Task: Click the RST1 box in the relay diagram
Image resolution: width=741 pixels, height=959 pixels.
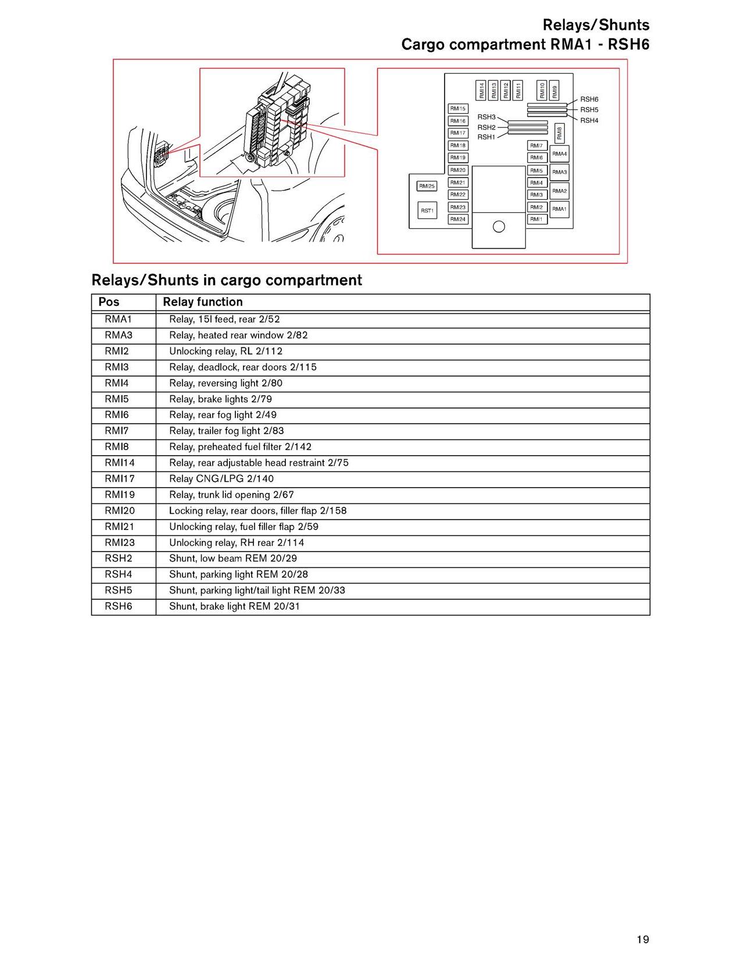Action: tap(427, 210)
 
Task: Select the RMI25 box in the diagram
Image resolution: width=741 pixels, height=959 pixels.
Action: tap(427, 186)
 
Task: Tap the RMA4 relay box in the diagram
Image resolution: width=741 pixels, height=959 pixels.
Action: tap(559, 154)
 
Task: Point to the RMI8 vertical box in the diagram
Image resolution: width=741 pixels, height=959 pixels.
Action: tap(559, 133)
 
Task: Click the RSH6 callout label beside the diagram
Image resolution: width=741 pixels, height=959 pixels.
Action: tap(589, 99)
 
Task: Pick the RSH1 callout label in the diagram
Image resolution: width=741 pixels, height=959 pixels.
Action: tap(486, 137)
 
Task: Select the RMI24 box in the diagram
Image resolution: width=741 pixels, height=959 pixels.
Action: tap(458, 219)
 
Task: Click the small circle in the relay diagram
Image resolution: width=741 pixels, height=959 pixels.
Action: tap(499, 227)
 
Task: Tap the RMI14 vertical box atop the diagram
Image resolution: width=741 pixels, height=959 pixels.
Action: tap(481, 90)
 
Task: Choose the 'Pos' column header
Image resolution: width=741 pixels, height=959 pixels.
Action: tap(109, 302)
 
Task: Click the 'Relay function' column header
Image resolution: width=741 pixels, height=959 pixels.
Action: tap(203, 302)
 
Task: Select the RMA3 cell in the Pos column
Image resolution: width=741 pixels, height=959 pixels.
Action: tap(119, 335)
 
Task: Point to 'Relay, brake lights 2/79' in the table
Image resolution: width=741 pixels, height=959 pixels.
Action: tap(220, 399)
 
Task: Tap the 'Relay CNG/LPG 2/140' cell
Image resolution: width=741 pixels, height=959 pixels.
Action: tap(221, 479)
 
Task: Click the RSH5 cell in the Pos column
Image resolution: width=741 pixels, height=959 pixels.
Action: tap(119, 591)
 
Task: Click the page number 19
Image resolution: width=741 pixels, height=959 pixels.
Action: tap(642, 939)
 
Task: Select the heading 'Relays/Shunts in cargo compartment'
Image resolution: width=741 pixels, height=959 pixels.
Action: tap(227, 280)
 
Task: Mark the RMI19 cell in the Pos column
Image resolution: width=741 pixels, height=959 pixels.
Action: tap(120, 495)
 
